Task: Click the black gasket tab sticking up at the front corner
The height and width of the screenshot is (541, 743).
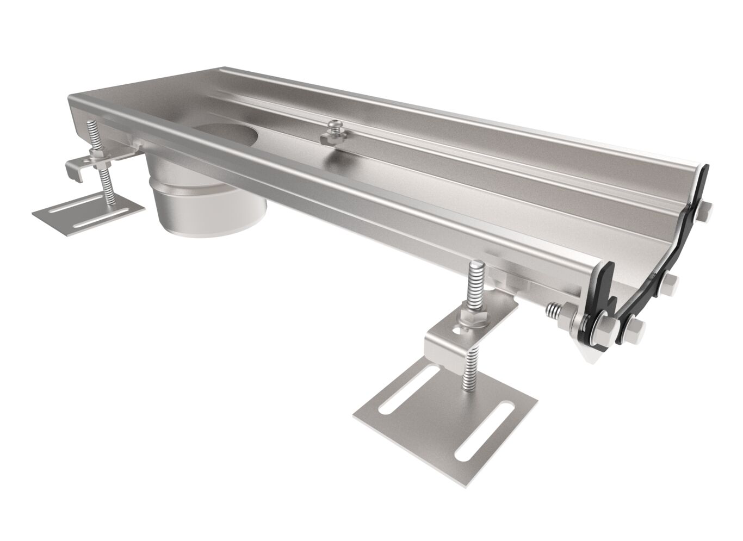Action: pyautogui.click(x=607, y=272)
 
